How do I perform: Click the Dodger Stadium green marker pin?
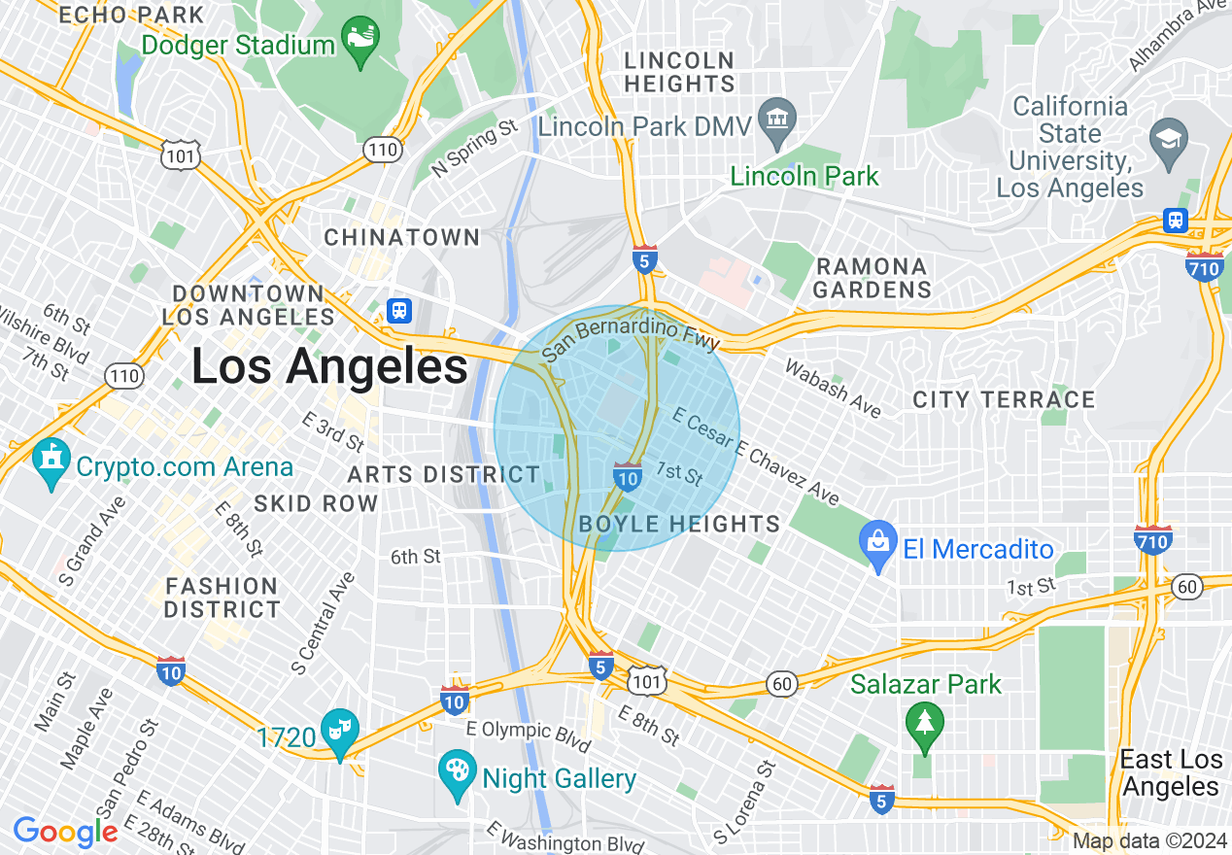tap(360, 42)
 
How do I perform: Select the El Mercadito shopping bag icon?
tap(879, 546)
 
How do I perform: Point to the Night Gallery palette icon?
tap(458, 774)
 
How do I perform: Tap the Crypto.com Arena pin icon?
tap(51, 464)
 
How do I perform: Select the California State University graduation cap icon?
tap(1168, 138)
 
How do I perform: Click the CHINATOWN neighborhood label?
tap(402, 237)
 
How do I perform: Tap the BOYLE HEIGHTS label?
tap(679, 525)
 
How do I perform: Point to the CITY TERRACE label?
tap(1004, 399)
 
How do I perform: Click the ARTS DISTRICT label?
tap(443, 474)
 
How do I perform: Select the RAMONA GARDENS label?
tap(873, 278)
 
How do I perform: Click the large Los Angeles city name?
tap(329, 367)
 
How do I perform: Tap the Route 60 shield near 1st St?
tap(1186, 586)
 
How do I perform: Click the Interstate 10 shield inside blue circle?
tap(628, 476)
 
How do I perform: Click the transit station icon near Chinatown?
tap(399, 311)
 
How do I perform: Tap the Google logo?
tap(65, 831)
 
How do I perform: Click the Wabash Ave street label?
tap(833, 388)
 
